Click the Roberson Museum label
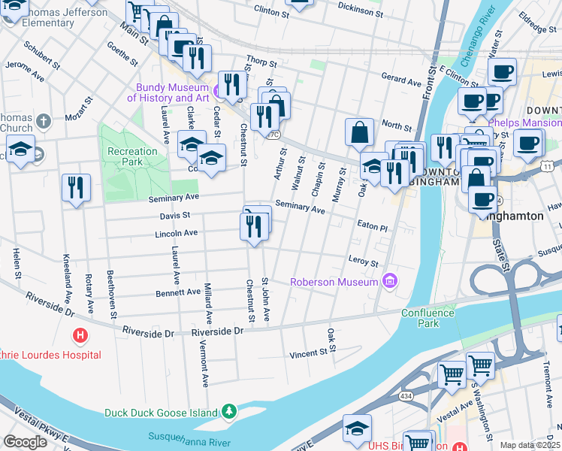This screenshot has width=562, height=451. tap(334, 283)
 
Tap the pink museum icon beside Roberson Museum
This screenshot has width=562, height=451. tap(389, 282)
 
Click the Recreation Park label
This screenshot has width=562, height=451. tap(133, 156)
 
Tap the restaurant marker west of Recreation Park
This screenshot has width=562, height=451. tap(76, 188)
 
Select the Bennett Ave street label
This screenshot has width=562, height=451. tap(178, 292)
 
